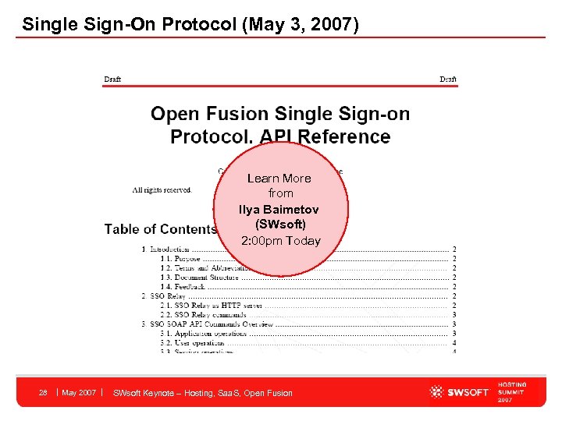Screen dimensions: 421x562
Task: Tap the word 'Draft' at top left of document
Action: [x=112, y=79]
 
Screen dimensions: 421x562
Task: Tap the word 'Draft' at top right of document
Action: [x=448, y=79]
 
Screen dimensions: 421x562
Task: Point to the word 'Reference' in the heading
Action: [x=347, y=136]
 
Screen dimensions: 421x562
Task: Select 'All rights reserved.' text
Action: [x=162, y=189]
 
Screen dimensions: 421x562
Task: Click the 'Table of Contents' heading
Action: [x=160, y=228]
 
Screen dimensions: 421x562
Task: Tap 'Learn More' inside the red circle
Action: [x=279, y=179]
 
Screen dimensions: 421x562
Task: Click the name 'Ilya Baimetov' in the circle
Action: [x=279, y=210]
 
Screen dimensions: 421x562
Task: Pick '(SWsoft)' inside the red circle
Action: [x=279, y=224]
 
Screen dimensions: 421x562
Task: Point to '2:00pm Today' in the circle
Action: [x=280, y=240]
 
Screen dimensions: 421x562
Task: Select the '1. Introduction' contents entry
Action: [x=165, y=249]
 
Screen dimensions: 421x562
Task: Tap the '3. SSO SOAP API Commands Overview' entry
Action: [x=208, y=324]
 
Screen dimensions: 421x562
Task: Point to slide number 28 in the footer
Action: [x=44, y=392]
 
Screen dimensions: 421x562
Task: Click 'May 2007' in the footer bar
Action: [x=79, y=392]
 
